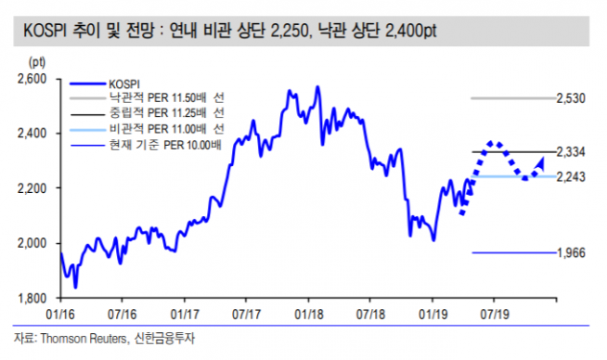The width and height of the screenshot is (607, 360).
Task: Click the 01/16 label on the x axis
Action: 60,315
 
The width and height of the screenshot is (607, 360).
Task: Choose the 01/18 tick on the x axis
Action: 307,315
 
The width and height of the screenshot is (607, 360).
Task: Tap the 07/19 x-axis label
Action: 493,315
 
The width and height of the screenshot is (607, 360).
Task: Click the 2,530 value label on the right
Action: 570,97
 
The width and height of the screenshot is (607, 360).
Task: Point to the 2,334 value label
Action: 570,151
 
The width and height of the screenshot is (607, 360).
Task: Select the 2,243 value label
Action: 570,176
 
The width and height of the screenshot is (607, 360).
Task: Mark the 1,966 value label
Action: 570,252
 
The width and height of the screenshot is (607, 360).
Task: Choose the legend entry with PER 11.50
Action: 167,96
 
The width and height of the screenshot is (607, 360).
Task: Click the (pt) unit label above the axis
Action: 38,61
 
